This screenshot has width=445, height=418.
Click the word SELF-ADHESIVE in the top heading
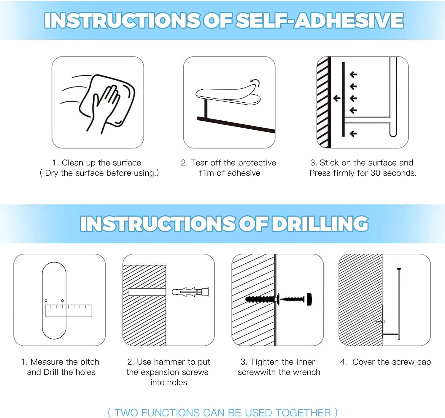(320, 20)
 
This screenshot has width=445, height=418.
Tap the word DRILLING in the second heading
(320, 224)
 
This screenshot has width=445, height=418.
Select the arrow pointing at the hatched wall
(337, 98)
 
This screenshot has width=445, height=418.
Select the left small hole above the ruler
(46, 300)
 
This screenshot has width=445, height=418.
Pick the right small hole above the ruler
(62, 300)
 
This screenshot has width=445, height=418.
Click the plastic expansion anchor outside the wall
(190, 292)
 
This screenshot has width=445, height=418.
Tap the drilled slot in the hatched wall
(147, 292)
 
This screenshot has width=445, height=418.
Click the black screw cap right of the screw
(309, 299)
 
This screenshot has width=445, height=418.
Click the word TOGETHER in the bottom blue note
(303, 413)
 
